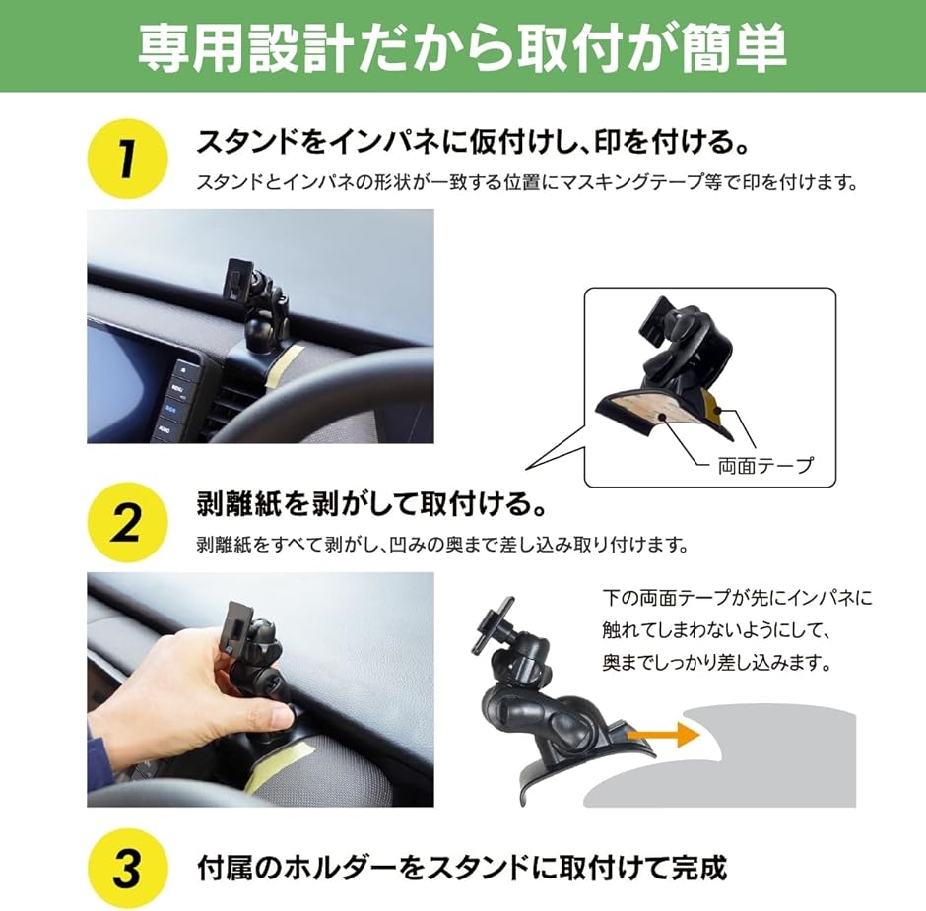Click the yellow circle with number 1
point(127,159)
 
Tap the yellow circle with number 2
point(127,522)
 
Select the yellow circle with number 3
point(127,868)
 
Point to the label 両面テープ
point(765,466)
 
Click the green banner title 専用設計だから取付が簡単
point(462,47)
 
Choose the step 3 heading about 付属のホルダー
point(461,868)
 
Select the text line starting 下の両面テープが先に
point(737,598)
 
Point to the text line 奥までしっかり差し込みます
point(717,663)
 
